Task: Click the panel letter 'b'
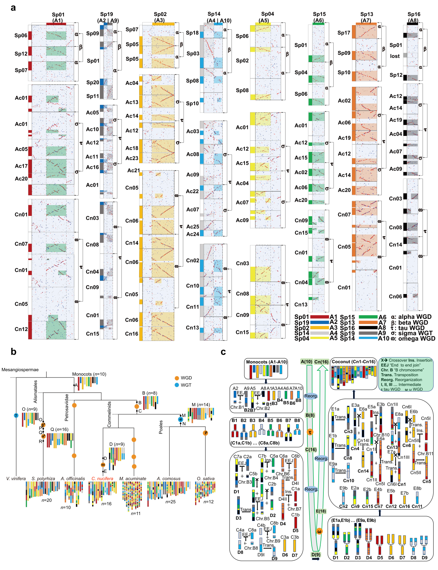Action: click(13, 351)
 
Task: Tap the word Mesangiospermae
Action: click(20, 370)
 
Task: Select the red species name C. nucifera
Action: click(102, 479)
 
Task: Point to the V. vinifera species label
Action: click(16, 479)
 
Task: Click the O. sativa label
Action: click(206, 479)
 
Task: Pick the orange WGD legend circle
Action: click(176, 378)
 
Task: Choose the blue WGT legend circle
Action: click(176, 385)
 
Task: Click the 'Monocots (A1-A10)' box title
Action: click(266, 362)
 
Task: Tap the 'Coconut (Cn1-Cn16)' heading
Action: click(353, 362)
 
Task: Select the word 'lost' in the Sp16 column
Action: click(395, 56)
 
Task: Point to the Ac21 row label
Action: click(133, 170)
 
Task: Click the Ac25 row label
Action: click(193, 227)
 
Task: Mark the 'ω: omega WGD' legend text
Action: click(413, 338)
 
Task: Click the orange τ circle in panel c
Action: click(310, 432)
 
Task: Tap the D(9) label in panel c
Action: click(316, 555)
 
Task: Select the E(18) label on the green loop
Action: click(321, 511)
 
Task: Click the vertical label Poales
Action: click(161, 427)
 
